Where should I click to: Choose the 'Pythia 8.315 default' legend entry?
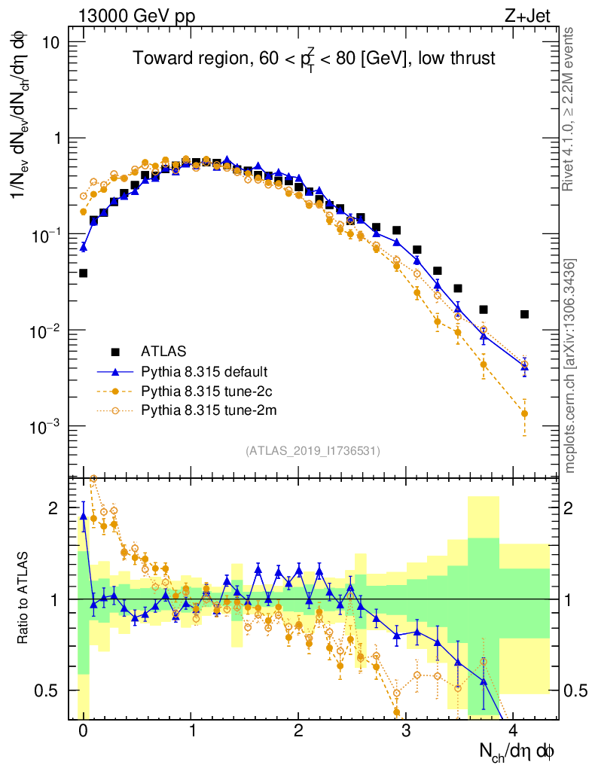(204, 371)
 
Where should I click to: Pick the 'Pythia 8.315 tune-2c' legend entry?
(204, 391)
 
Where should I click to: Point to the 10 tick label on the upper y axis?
(50, 42)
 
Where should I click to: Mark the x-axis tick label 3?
(406, 731)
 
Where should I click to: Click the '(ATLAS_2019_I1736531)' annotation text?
(313, 451)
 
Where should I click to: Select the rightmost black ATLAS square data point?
(524, 314)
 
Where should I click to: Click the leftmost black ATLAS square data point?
(83, 273)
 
